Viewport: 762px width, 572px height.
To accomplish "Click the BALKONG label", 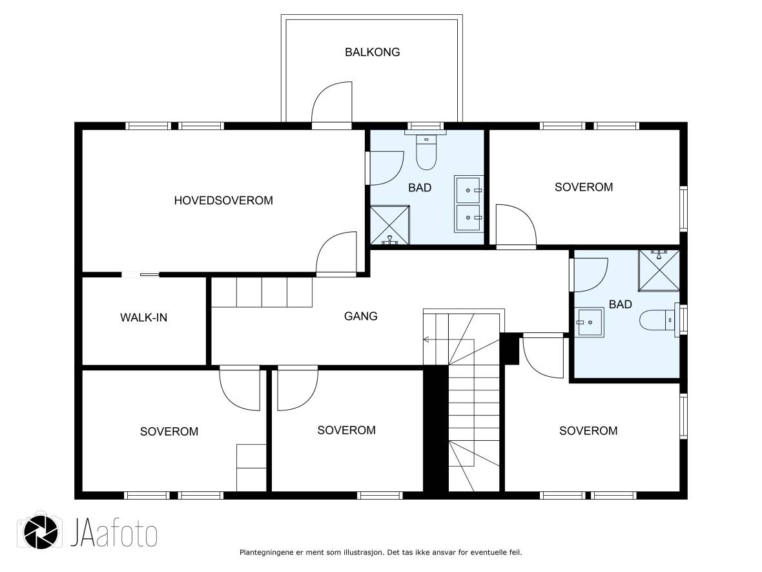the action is click(x=372, y=52).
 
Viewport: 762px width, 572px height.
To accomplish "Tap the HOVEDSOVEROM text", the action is click(x=223, y=200).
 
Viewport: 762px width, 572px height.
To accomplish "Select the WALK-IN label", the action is click(x=144, y=317).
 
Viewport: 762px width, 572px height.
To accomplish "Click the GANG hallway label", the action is click(x=360, y=316).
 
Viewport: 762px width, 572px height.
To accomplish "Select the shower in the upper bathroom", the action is click(x=390, y=225).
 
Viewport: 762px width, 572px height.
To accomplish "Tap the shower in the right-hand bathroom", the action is click(x=659, y=270).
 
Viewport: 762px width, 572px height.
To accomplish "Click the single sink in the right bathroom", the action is click(x=590, y=322).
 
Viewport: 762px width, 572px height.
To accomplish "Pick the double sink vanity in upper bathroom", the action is click(x=469, y=204).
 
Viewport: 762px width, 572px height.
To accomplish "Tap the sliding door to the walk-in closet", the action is click(x=140, y=275).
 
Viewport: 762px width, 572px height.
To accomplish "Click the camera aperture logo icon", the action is click(x=41, y=531).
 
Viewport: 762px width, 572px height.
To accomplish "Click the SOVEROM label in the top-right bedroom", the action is click(x=584, y=187).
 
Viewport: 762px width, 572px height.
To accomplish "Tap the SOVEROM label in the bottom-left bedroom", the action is click(x=169, y=432).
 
